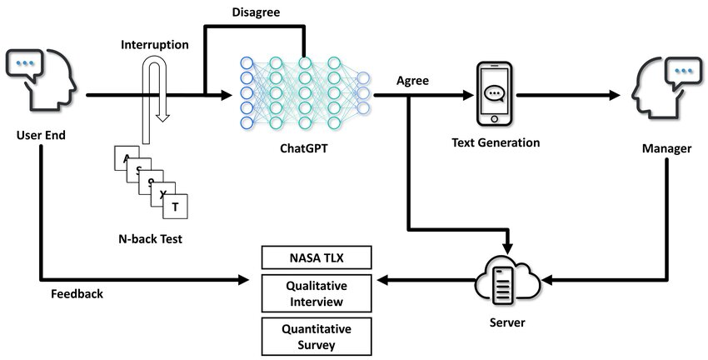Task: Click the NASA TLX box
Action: tap(317, 257)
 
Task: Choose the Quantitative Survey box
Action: tap(317, 335)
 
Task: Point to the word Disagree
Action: tap(255, 12)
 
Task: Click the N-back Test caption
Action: tap(151, 239)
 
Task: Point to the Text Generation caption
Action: tap(496, 142)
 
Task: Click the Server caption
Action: tap(507, 320)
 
